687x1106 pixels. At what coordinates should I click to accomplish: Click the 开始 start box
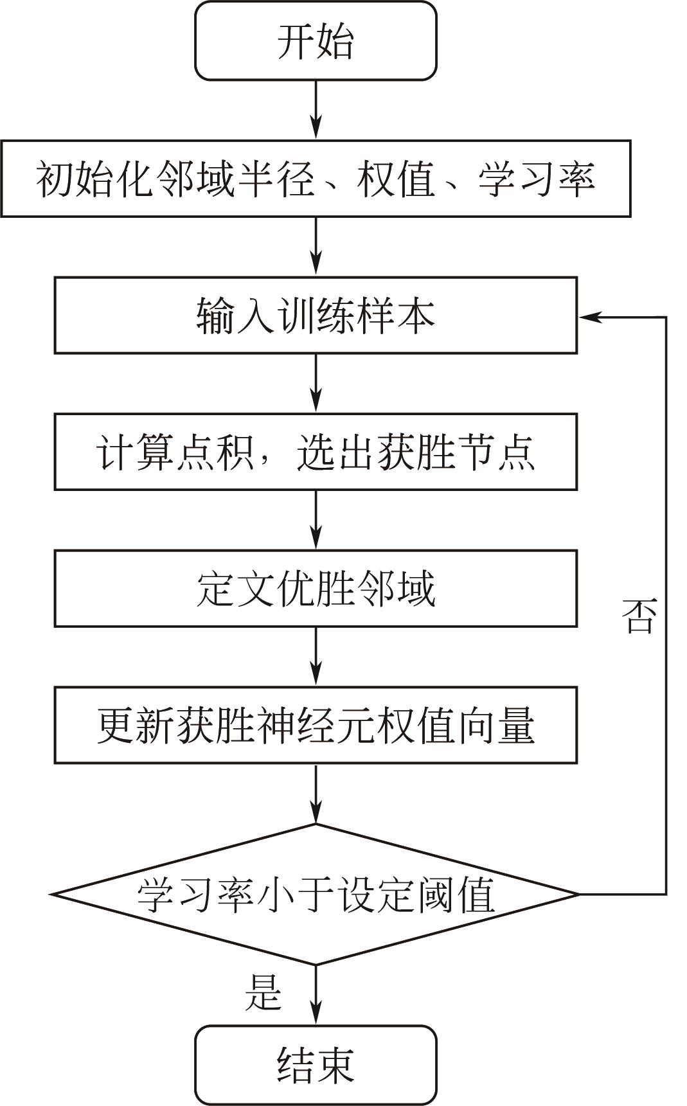(x=316, y=41)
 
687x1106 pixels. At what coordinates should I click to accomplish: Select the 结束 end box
(x=316, y=1064)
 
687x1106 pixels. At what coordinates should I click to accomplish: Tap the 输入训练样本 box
(x=316, y=315)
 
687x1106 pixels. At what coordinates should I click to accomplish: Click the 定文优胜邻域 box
(x=316, y=588)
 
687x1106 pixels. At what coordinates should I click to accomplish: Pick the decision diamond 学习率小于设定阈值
(x=316, y=894)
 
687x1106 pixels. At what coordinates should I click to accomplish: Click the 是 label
(x=263, y=992)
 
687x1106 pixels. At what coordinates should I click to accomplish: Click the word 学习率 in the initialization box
(x=536, y=179)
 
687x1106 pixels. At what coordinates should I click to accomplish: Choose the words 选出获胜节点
(x=416, y=452)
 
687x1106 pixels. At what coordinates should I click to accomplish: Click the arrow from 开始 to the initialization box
(x=316, y=109)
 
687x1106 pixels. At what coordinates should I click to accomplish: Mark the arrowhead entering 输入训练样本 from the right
(x=588, y=316)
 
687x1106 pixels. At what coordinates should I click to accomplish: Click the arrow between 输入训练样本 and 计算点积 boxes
(x=316, y=383)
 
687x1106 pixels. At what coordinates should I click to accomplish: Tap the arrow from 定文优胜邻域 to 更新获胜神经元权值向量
(x=316, y=656)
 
